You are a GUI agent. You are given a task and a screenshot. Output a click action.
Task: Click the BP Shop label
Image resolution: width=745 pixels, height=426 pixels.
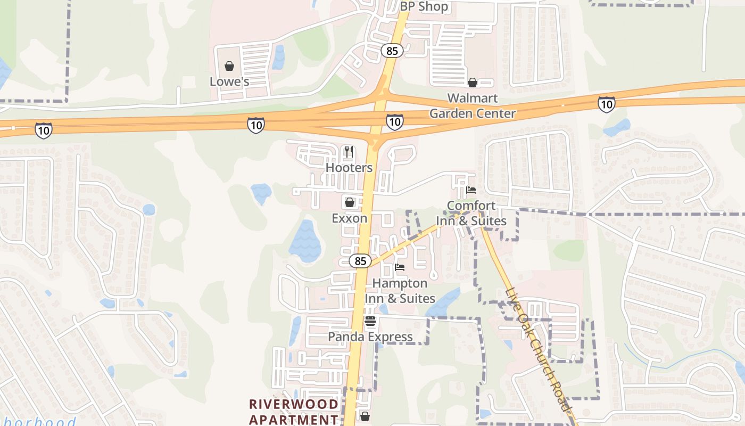tap(424, 7)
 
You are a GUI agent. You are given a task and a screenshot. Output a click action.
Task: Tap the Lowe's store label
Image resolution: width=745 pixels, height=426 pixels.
tap(229, 82)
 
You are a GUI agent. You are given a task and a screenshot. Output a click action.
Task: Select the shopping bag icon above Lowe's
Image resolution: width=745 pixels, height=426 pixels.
tap(229, 66)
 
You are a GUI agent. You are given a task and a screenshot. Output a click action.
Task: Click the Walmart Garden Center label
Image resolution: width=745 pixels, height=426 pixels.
tap(473, 105)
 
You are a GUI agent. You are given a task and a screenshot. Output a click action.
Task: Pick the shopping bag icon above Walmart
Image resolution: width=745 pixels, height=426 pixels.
tap(472, 83)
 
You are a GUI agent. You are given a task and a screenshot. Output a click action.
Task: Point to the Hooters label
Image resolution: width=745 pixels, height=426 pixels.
tap(349, 168)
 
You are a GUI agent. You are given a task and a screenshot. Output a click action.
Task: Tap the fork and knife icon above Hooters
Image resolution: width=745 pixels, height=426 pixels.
tap(349, 152)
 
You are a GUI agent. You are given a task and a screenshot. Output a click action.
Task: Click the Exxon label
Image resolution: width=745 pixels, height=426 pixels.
tap(350, 218)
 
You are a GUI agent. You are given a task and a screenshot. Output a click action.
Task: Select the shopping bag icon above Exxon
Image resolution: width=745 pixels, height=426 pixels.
tap(350, 202)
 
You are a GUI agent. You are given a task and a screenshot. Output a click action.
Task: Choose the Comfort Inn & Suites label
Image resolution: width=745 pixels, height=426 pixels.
tap(471, 213)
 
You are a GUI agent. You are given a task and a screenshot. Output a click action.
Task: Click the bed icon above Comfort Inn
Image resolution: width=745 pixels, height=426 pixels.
tap(471, 190)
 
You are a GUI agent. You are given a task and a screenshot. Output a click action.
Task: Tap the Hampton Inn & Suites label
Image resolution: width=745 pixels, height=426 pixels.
tap(400, 291)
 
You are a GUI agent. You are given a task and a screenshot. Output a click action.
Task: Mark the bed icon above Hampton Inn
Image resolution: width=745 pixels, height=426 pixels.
tap(400, 267)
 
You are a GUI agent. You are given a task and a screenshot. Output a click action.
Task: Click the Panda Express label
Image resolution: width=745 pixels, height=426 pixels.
tap(370, 337)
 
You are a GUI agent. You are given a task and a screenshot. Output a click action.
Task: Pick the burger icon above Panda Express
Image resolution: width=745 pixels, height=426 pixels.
tap(370, 321)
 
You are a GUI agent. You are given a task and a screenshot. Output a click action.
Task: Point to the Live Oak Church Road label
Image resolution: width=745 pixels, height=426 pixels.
tap(539, 349)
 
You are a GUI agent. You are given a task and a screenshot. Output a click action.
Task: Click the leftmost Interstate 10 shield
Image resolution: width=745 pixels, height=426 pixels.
tap(44, 130)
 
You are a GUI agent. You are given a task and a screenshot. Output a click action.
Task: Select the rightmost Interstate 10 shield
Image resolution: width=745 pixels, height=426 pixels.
tap(606, 104)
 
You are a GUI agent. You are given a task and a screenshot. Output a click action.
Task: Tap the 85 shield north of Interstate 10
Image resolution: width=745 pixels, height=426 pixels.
tap(392, 51)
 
